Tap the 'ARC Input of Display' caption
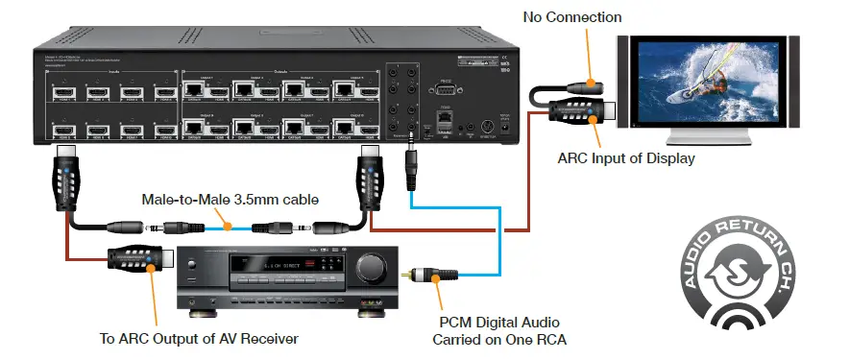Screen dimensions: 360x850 pos(625,158)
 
